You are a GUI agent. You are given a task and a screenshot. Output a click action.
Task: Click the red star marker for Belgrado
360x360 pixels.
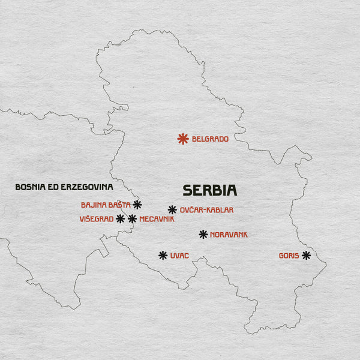tap(183, 139)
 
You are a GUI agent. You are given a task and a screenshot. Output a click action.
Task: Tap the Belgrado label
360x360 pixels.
tap(210, 139)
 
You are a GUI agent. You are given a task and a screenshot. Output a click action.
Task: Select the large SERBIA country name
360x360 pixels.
tap(210, 190)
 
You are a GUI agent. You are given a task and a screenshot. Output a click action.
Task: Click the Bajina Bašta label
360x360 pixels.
tap(106, 205)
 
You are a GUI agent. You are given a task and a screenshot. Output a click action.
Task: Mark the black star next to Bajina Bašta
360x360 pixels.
tap(137, 205)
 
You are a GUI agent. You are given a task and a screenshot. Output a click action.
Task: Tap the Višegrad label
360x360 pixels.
tap(96, 219)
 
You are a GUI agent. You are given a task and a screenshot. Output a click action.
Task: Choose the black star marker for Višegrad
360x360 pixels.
tap(121, 219)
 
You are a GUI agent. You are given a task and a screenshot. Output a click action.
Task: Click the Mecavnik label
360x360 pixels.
tap(157, 219)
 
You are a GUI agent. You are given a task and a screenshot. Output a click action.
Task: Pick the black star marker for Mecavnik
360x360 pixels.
tap(132, 219)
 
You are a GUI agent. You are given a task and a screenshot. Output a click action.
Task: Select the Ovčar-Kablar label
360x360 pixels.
tap(207, 210)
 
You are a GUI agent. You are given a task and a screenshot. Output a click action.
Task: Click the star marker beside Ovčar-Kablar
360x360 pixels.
tap(172, 210)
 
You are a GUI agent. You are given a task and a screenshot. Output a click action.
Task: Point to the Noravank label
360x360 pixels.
tap(229, 235)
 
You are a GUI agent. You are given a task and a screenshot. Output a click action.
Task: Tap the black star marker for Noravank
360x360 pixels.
tap(203, 235)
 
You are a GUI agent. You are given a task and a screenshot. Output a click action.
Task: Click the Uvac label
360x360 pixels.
tap(179, 256)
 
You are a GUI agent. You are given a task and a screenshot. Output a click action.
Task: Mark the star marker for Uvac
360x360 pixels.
tap(163, 256)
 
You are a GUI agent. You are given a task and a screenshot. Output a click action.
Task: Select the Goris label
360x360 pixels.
tap(289, 256)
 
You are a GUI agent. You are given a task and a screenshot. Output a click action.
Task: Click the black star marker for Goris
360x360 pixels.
tap(307, 256)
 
